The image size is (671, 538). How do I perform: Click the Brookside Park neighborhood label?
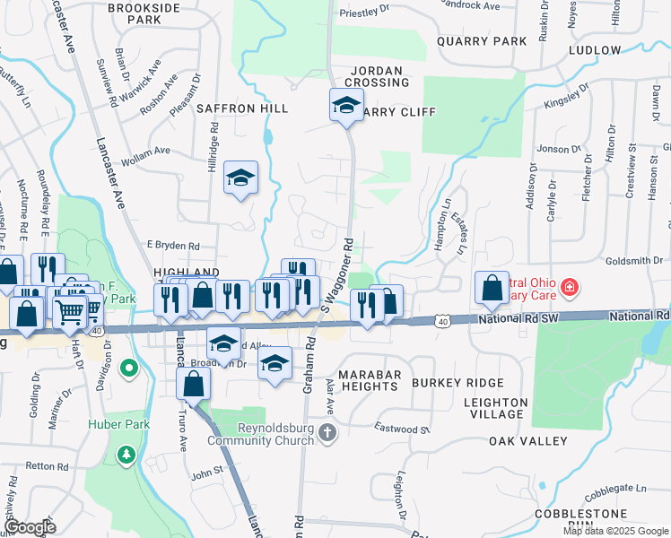click(x=146, y=13)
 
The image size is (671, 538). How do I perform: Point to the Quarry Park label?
click(x=482, y=41)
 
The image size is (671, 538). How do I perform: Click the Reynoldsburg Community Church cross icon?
click(x=328, y=433)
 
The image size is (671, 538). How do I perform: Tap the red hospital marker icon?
click(x=569, y=288)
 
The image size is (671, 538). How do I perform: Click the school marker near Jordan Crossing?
click(x=346, y=105)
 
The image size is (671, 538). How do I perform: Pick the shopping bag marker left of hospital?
click(x=492, y=287)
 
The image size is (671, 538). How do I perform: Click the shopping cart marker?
click(x=70, y=312)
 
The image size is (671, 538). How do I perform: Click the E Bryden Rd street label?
click(x=172, y=245)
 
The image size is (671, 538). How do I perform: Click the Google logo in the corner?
click(x=29, y=527)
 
